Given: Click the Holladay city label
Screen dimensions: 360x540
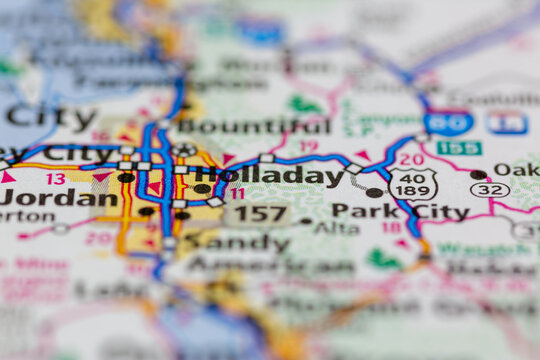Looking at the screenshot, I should pos(267,176).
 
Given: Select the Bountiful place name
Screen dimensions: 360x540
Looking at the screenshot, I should pos(253,127).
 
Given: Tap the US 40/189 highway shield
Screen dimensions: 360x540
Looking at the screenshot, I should pos(413,184).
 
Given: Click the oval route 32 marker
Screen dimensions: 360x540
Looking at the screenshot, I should pos(489,189).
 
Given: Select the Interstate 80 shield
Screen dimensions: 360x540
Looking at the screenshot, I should pos(448,123).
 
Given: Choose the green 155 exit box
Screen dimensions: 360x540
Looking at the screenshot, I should pos(459,148).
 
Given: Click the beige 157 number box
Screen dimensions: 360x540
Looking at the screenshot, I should pos(258,213).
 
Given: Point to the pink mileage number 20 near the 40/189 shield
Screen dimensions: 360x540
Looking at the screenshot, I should pos(411,159).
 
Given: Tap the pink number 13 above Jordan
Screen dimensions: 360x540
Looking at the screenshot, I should pos(56,178).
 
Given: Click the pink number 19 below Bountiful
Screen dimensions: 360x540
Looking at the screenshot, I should pos(308,146).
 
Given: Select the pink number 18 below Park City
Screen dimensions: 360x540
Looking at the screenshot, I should pos(390,228).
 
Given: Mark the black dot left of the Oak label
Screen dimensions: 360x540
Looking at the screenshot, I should pos(478,174).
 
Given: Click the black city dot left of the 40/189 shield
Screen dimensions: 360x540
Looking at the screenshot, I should pos(374,192).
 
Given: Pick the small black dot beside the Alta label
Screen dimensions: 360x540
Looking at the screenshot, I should pos(306,221).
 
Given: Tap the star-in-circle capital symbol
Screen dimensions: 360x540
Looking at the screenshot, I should pos(183,151).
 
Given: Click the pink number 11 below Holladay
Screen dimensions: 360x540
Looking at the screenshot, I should pos(237,194).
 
